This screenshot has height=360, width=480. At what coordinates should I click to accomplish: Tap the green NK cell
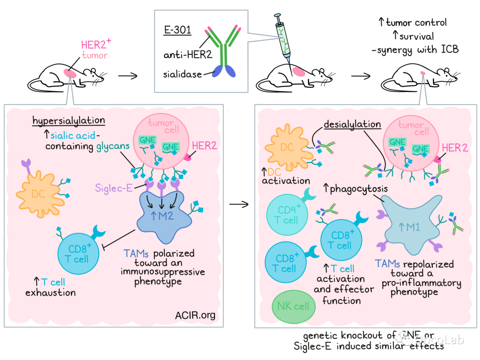293,306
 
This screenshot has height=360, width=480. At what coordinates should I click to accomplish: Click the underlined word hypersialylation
68,120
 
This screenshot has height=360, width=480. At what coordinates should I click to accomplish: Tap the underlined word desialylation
352,124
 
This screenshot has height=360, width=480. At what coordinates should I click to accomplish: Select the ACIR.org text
196,316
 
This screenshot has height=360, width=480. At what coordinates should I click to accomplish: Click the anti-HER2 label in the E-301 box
183,55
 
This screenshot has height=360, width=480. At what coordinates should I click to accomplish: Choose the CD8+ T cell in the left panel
80,255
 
